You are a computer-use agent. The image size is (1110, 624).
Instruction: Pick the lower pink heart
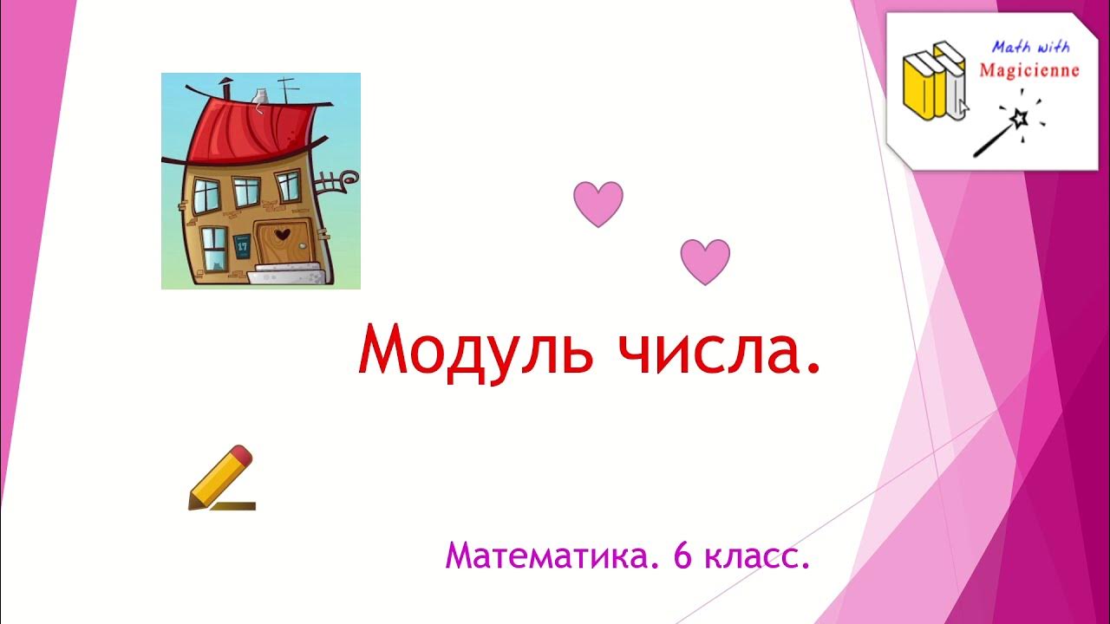(x=705, y=262)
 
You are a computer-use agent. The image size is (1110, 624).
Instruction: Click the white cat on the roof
(x=258, y=96)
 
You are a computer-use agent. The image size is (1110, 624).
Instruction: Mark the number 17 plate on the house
(x=242, y=245)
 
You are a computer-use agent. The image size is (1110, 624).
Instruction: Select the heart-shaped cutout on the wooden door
(x=282, y=233)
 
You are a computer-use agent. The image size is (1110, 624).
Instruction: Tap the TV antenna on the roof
(x=289, y=86)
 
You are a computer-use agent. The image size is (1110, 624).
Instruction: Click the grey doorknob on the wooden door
(x=304, y=247)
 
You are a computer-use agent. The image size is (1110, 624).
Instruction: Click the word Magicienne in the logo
(x=1028, y=69)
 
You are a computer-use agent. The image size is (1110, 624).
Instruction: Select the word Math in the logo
(x=1009, y=47)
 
